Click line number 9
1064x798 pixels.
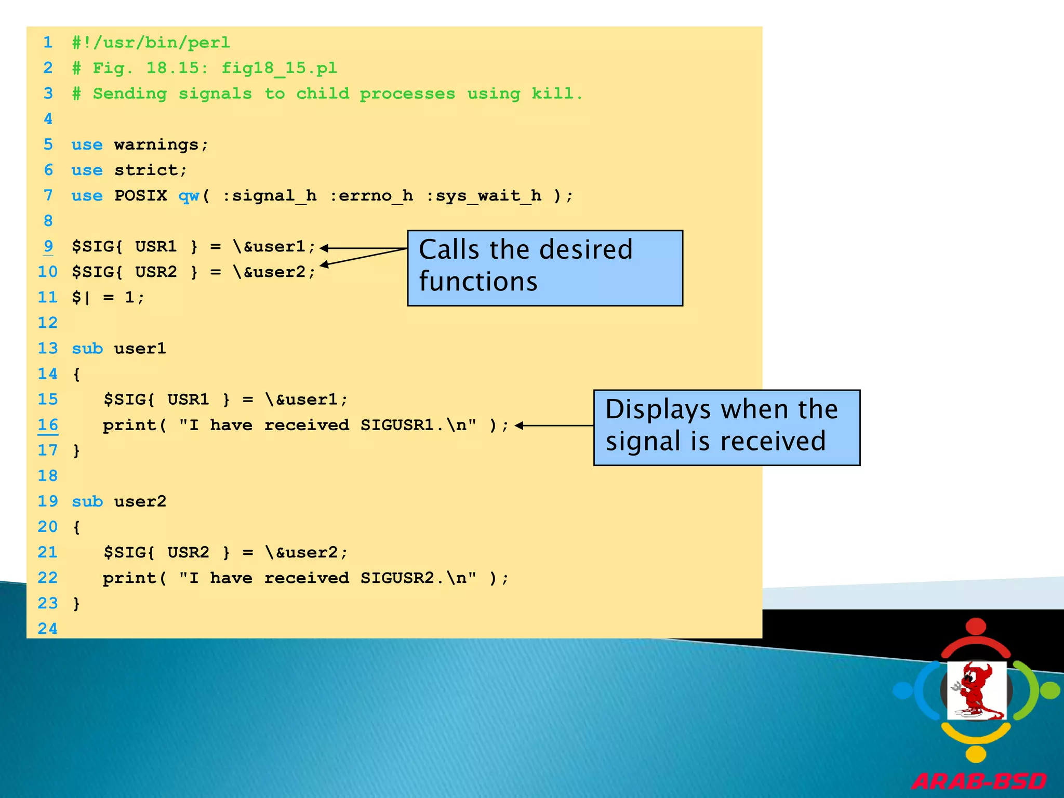tap(48, 246)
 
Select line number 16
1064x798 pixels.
tap(48, 425)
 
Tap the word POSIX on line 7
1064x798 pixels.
tap(140, 195)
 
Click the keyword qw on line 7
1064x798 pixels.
tap(189, 195)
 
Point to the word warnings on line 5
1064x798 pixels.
tap(156, 144)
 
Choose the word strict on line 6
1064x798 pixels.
tap(146, 170)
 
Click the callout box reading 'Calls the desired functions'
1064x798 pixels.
tap(544, 268)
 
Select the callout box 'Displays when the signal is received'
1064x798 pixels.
tap(726, 427)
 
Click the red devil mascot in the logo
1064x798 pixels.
tap(975, 690)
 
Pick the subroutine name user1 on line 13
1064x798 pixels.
tap(140, 348)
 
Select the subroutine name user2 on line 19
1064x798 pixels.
tap(140, 501)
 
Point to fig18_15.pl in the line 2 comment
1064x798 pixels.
tap(279, 68)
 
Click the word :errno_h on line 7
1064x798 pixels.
tap(371, 195)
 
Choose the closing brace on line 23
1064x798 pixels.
tap(76, 603)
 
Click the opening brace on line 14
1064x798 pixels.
tap(76, 374)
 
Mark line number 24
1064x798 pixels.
tap(48, 629)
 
